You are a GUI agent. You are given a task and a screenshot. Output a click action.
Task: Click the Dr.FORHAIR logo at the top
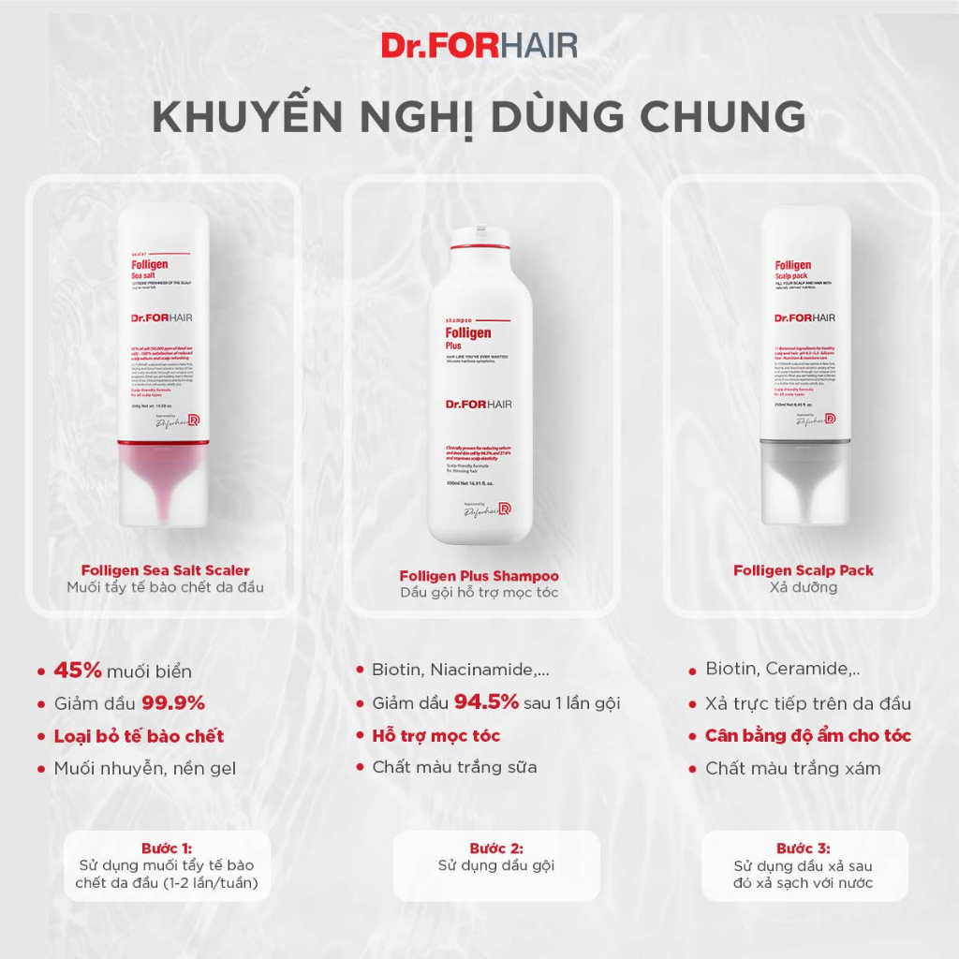pos(479,45)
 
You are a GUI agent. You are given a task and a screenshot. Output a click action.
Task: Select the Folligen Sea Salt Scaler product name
pos(165,569)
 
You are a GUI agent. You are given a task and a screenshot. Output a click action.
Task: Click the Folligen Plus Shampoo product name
pos(479,576)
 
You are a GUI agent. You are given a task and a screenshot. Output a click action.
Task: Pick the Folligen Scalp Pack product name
pos(804,569)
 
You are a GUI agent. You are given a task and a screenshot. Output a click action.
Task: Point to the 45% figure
pos(77,670)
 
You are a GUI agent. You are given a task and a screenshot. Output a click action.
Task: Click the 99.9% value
pos(172,702)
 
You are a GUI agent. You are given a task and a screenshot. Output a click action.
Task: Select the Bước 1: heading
pos(166,848)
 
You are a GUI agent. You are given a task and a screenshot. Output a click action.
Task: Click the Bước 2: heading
pos(495,848)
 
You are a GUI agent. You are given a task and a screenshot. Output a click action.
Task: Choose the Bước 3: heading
pos(803,848)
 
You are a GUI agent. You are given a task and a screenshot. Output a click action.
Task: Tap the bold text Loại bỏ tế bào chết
pos(139,735)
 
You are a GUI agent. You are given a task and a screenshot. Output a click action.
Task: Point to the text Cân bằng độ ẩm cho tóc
pos(807,735)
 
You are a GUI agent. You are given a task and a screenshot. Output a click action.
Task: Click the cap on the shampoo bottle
pos(479,239)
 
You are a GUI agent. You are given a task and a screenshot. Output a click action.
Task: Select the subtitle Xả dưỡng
pos(803,587)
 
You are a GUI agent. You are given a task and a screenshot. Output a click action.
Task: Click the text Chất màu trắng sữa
pos(454,768)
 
